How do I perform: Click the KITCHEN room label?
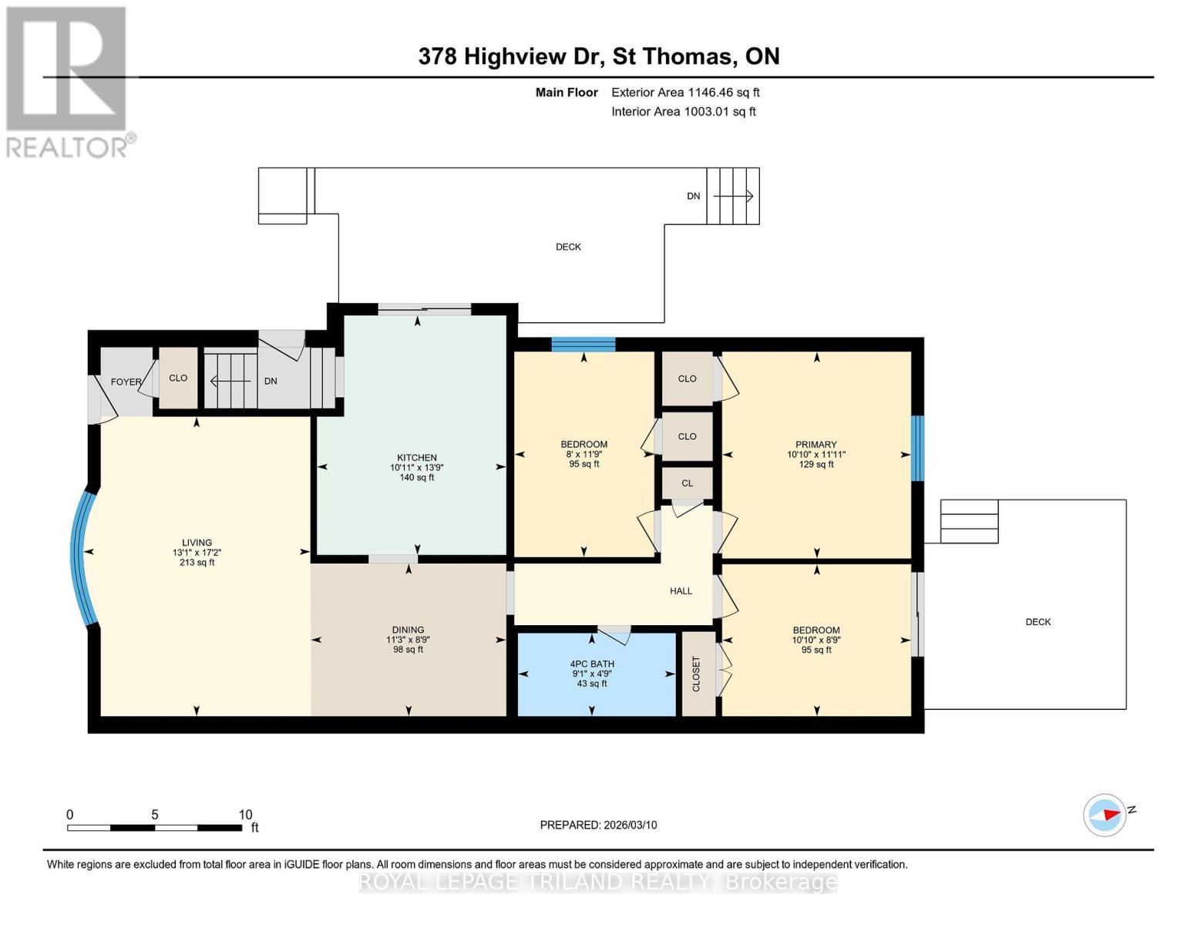pyautogui.click(x=416, y=458)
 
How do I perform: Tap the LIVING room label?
pyautogui.click(x=197, y=543)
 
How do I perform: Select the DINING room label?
pyautogui.click(x=408, y=630)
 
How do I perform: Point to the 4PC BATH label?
pyautogui.click(x=592, y=664)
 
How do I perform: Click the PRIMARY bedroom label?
pyautogui.click(x=816, y=445)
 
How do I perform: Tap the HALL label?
pyautogui.click(x=681, y=591)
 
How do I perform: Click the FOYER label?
pyautogui.click(x=126, y=382)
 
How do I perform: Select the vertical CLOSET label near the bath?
pyautogui.click(x=697, y=674)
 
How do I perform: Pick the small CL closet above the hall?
pyautogui.click(x=687, y=483)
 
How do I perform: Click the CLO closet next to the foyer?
pyautogui.click(x=178, y=378)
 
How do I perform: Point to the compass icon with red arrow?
pyautogui.click(x=1105, y=815)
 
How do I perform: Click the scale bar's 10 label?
pyautogui.click(x=245, y=815)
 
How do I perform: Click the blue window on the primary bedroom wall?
pyautogui.click(x=917, y=448)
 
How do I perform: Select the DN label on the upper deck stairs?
pyautogui.click(x=694, y=197)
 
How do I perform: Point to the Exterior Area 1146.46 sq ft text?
pyautogui.click(x=685, y=92)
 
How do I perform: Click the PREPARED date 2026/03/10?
pyautogui.click(x=598, y=825)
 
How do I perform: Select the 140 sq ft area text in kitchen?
pyautogui.click(x=416, y=478)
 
